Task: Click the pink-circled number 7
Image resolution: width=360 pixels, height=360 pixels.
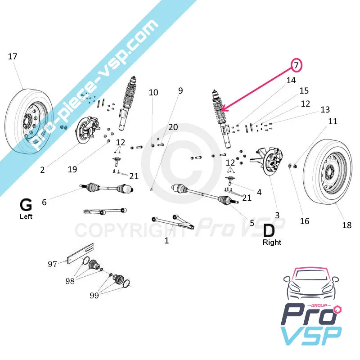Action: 297,65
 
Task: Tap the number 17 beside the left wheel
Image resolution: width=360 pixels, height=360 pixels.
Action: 13,56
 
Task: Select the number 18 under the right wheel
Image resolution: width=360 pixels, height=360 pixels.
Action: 346,225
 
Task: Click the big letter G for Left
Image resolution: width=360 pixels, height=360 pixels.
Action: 26,205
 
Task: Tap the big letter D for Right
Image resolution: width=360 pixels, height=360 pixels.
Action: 269,230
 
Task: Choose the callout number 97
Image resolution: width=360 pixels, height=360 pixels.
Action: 53,264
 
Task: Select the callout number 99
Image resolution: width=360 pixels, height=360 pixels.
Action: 94,296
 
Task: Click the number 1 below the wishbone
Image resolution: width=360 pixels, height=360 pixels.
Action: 166,241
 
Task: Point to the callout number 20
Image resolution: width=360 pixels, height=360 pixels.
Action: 173,127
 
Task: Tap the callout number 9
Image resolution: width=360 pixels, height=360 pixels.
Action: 180,90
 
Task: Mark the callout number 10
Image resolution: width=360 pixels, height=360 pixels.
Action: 153,92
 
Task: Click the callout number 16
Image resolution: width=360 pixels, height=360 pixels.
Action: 305,221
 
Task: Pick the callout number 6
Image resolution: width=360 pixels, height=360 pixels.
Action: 44,202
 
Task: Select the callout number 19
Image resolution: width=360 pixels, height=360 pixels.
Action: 72,170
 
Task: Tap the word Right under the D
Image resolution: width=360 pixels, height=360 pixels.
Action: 272,242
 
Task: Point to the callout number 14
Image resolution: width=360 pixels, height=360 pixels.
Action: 291,81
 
